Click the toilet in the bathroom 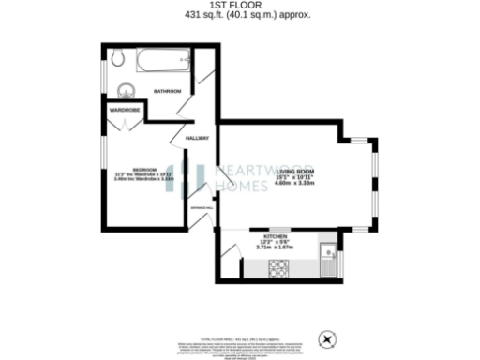[x=117, y=58]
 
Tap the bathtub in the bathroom [x=165, y=62]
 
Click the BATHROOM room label [x=168, y=91]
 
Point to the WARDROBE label [x=126, y=110]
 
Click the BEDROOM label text [x=131, y=169]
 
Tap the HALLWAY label [x=197, y=138]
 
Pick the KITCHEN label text [x=275, y=235]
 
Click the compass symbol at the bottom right [x=327, y=338]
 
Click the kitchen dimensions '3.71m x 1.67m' [x=275, y=247]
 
